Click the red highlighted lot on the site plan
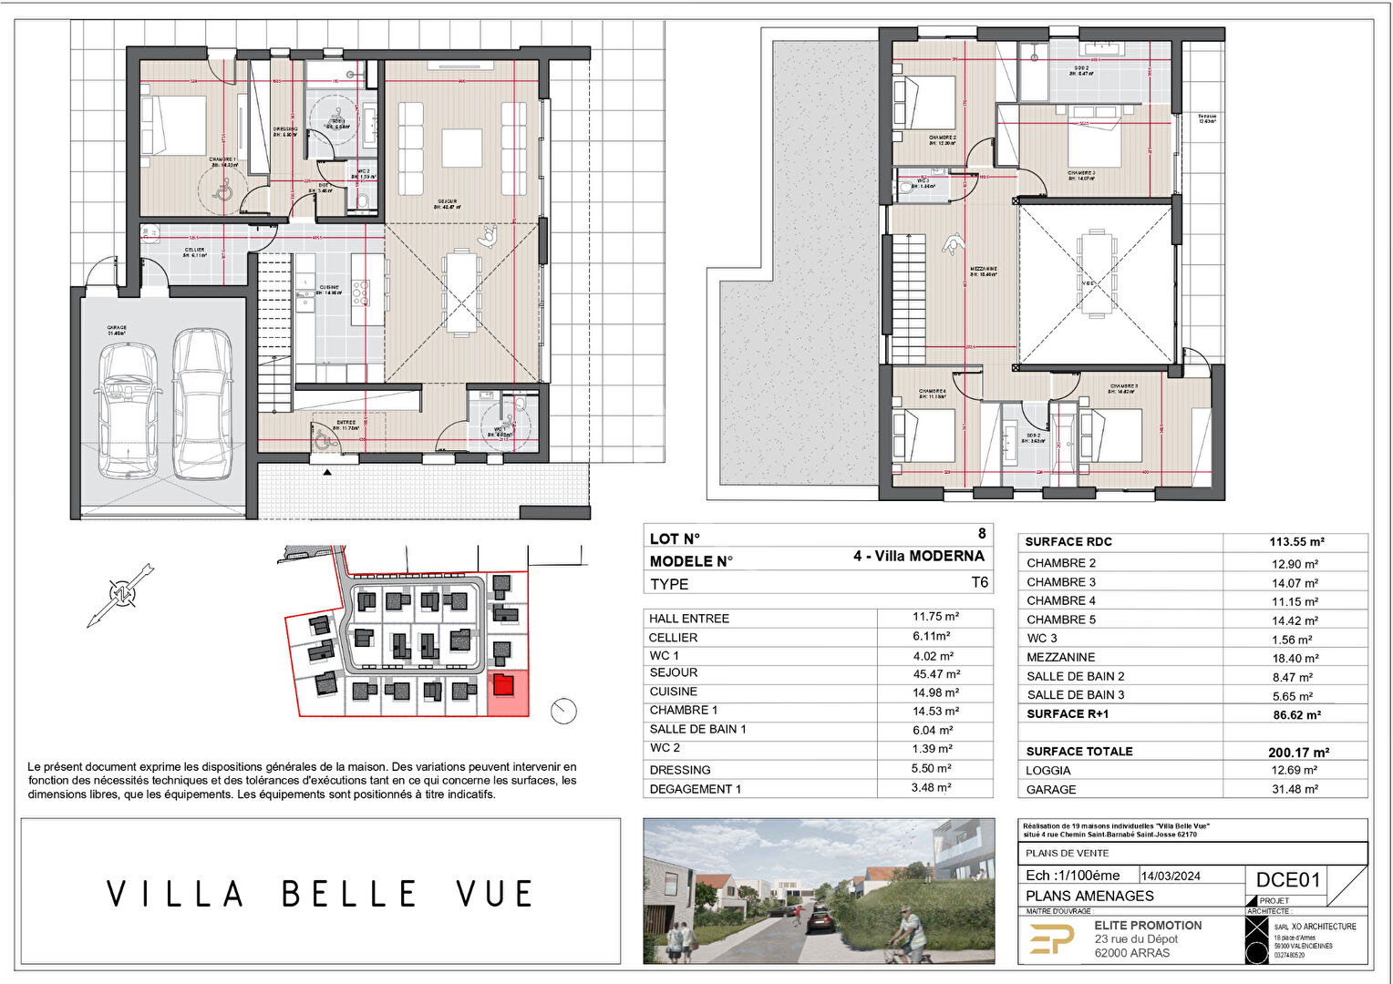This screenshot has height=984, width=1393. [508, 694]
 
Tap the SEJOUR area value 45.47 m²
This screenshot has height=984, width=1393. [936, 674]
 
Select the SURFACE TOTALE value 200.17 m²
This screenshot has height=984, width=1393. [1298, 752]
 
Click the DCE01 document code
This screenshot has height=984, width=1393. [1287, 879]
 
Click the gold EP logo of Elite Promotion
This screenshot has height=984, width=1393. [1051, 938]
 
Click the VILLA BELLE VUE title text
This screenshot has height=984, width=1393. [320, 894]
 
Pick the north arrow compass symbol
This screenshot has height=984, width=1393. [120, 595]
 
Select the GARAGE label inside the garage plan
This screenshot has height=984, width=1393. [117, 328]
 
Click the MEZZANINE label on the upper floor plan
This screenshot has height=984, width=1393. [983, 269]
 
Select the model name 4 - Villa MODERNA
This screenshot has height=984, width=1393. [918, 556]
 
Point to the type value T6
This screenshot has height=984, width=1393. [979, 583]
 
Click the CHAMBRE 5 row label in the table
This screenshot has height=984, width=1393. [1061, 620]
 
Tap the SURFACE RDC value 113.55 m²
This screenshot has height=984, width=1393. [1296, 541]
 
